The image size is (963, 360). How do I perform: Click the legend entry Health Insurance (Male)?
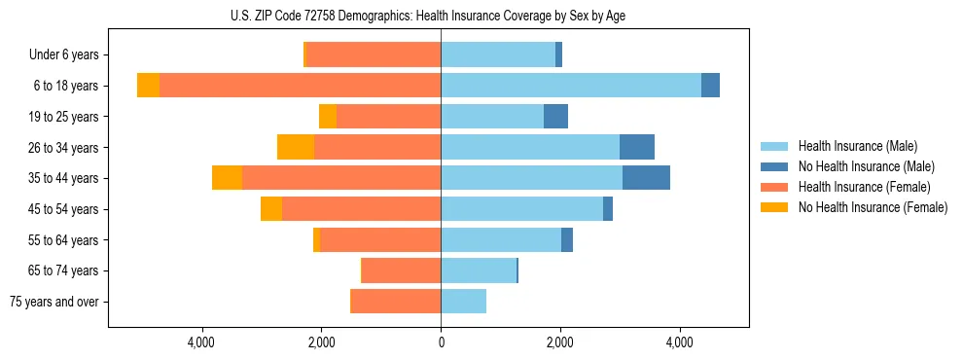(856, 146)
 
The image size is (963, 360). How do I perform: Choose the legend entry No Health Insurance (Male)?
(865, 166)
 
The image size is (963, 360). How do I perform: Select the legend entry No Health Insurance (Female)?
(872, 207)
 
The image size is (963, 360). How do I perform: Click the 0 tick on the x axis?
(441, 342)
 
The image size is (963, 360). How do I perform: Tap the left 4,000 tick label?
(202, 342)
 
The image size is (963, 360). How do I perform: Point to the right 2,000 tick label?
(560, 342)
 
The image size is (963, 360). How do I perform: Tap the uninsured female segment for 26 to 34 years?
(296, 147)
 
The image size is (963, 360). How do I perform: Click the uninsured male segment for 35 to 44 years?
(646, 178)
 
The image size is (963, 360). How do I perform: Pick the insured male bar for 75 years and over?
(464, 302)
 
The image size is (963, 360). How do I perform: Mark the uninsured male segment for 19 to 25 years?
(555, 117)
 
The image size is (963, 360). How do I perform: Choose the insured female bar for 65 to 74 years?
(402, 270)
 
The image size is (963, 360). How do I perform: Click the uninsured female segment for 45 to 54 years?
(271, 209)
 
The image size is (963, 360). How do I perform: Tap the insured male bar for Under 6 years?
(498, 54)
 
